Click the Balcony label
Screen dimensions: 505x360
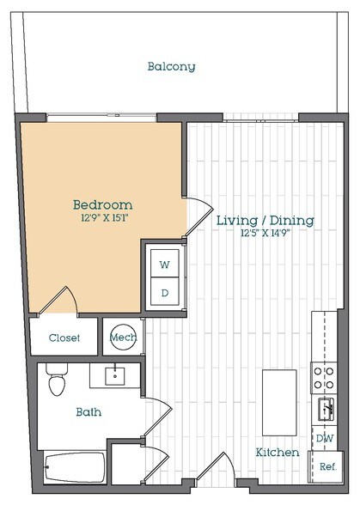pos(171,66)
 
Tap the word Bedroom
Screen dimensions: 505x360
pos(102,204)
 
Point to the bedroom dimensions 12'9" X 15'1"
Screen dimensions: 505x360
pos(102,219)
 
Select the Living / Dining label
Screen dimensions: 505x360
pos(264,221)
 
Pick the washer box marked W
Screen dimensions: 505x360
pos(164,264)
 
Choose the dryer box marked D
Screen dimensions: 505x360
pos(164,292)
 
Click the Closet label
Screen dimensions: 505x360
pos(64,338)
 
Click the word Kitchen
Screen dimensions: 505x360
pos(276,452)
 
